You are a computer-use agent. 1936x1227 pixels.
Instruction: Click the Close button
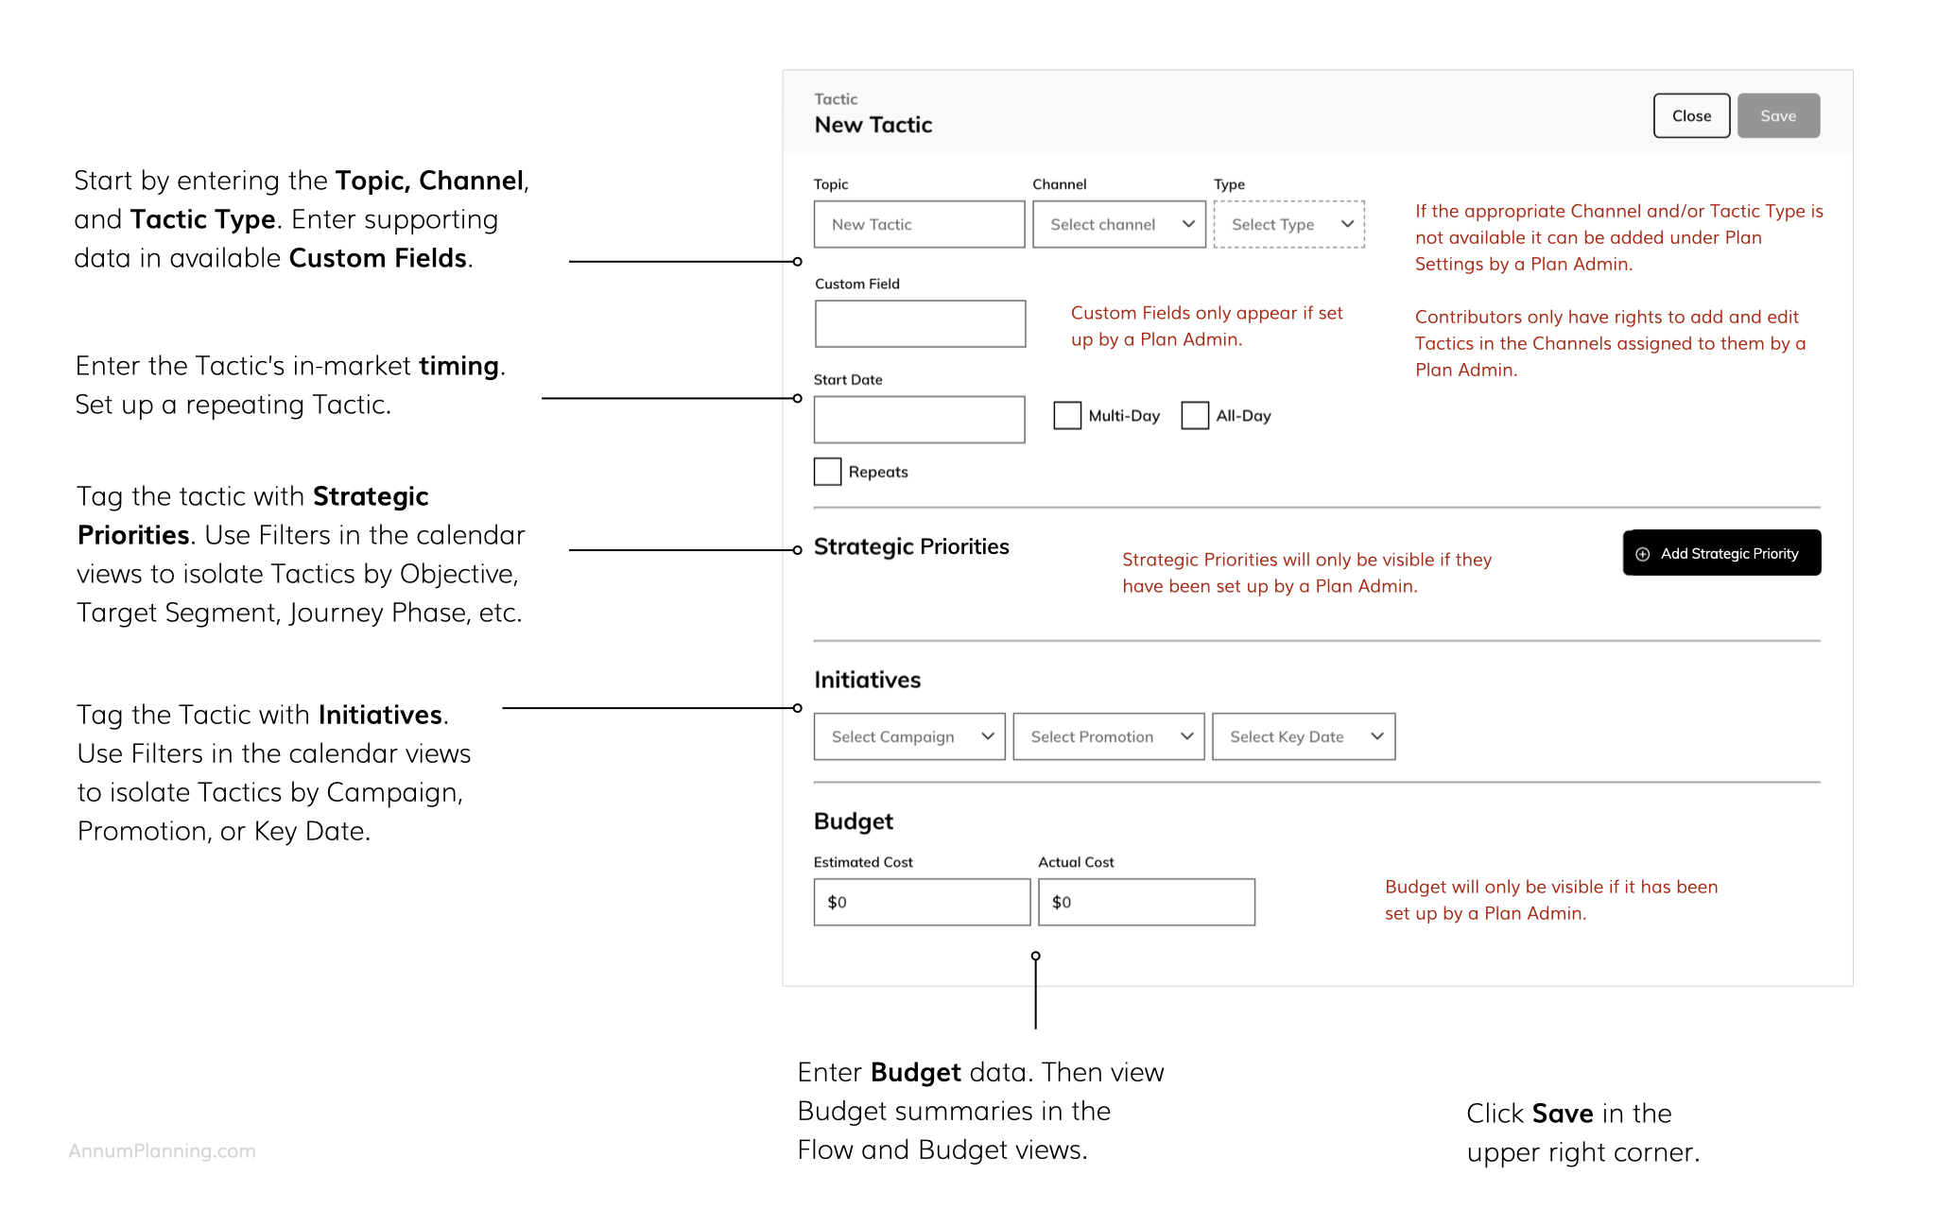coord(1691,115)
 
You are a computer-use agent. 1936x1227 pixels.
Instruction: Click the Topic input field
coord(919,224)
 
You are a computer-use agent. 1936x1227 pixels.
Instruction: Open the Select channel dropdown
coord(1119,224)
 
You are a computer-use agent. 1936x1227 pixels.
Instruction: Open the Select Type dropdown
coord(1289,224)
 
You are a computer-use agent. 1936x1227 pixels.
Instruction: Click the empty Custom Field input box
coord(920,323)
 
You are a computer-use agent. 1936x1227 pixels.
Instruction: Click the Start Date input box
coord(919,420)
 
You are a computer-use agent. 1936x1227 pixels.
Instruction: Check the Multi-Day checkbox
coord(1067,416)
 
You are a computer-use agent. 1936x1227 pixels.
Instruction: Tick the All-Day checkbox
coord(1195,416)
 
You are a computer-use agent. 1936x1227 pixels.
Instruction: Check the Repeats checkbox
coord(827,472)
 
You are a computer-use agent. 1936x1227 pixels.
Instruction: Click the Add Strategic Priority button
coord(1721,553)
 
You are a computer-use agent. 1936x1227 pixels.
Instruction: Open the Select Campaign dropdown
coord(909,736)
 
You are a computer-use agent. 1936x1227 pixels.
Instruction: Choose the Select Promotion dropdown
coord(1109,736)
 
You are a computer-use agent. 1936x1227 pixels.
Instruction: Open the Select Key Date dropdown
coord(1304,736)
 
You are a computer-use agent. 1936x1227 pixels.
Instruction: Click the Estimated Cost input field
coord(922,902)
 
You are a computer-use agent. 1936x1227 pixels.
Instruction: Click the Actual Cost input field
coord(1147,902)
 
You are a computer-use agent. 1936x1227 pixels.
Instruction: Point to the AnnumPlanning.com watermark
coord(162,1151)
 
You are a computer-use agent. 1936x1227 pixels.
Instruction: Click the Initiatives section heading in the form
coord(867,680)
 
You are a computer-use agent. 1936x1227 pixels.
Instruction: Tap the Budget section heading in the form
coord(854,821)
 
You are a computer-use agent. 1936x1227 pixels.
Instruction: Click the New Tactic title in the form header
coord(873,125)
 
